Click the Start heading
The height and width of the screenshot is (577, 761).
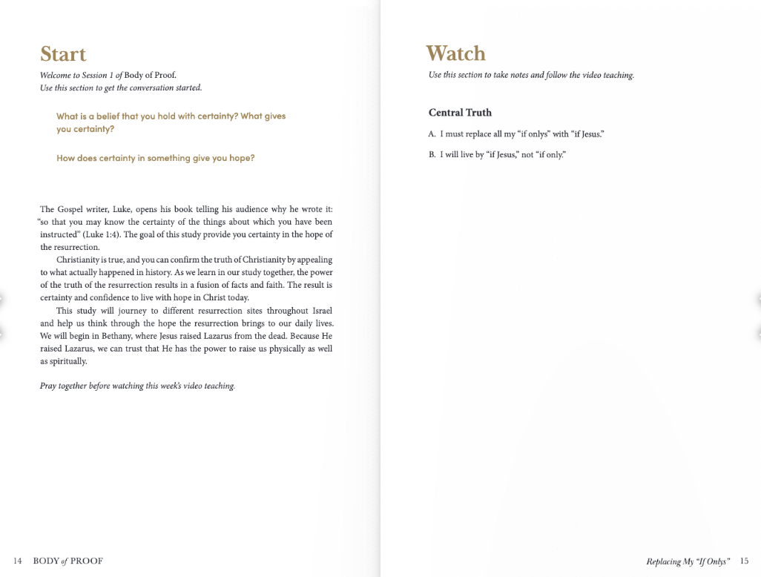pyautogui.click(x=63, y=54)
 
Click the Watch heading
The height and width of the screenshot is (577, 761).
pyautogui.click(x=455, y=53)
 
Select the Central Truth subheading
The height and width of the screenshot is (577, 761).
pyautogui.click(x=460, y=113)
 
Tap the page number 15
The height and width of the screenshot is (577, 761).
pyautogui.click(x=745, y=561)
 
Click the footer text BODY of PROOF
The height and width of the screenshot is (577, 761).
pyautogui.click(x=68, y=561)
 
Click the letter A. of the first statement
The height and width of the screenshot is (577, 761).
pyautogui.click(x=432, y=134)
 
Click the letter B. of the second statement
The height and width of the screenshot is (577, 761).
pyautogui.click(x=432, y=155)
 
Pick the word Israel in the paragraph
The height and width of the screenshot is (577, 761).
pyautogui.click(x=320, y=311)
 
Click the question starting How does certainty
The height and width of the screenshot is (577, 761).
pyautogui.click(x=155, y=158)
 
